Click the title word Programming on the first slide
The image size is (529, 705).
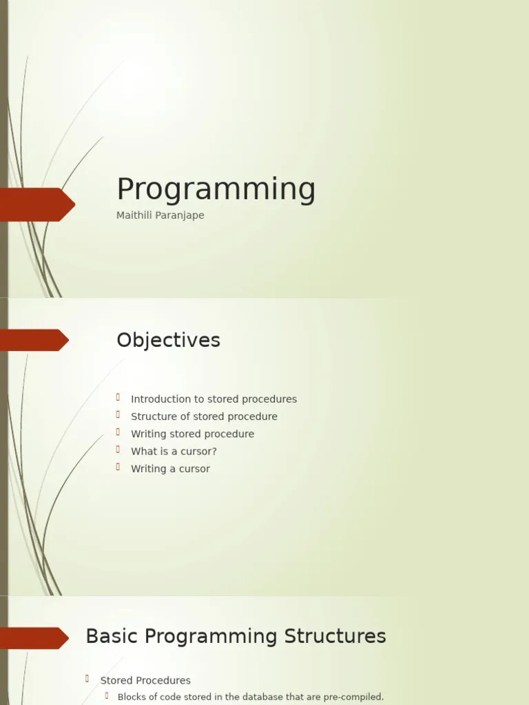pos(216,190)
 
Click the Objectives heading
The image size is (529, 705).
pos(168,340)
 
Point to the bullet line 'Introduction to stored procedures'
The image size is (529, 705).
pos(214,399)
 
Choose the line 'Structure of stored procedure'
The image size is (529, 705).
pos(204,417)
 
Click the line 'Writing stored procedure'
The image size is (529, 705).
pos(192,434)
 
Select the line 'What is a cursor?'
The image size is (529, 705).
pos(174,452)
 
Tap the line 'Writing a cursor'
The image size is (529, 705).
pos(170,469)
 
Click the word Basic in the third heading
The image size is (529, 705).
pos(109,636)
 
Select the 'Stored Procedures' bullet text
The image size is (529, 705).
pos(145,680)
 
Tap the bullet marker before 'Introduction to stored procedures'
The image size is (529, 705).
pos(118,397)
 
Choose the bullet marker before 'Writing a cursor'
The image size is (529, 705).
pos(118,467)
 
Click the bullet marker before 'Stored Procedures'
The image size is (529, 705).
pos(87,679)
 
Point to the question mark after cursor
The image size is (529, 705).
pos(214,452)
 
